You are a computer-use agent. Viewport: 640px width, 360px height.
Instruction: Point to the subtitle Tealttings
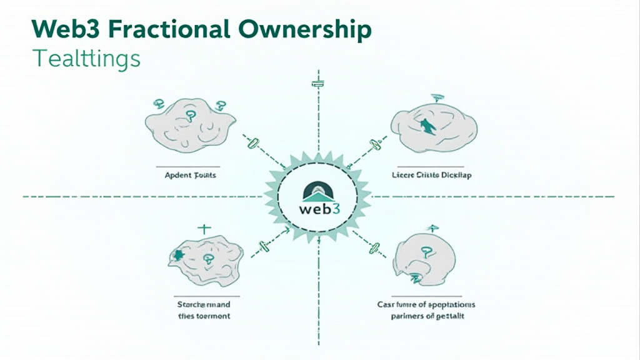86,59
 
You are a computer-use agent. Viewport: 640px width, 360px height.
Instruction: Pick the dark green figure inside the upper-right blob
428,127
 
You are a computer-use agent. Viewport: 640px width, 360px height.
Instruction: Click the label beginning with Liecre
432,176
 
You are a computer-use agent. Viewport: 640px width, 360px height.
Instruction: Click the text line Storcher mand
199,304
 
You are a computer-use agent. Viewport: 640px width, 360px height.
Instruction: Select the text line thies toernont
199,316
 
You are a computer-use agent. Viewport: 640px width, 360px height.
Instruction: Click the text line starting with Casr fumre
426,304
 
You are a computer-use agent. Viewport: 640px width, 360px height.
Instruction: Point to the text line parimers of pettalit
427,317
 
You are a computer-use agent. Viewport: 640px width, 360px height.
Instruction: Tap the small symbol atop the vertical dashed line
319,82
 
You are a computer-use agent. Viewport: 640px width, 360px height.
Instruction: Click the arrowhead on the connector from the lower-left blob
286,231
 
